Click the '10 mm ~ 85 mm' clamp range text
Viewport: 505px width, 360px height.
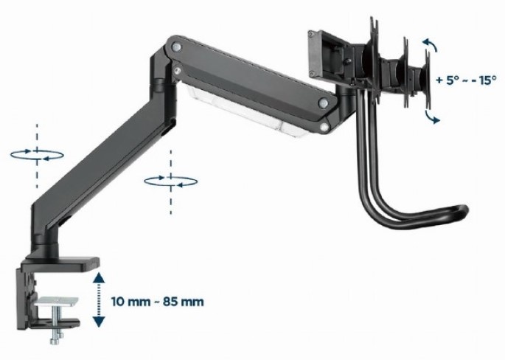(x=158, y=302)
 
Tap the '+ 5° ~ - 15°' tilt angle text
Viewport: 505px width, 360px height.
(x=466, y=80)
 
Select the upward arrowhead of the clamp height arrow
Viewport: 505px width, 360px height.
(x=99, y=278)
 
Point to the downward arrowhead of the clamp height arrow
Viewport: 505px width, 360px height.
(x=99, y=322)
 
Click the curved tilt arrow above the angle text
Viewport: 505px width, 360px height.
(x=431, y=44)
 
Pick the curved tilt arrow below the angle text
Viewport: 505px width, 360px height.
(x=431, y=117)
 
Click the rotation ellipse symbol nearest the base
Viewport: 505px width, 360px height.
(x=37, y=155)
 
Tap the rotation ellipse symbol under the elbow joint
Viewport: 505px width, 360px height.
(x=171, y=181)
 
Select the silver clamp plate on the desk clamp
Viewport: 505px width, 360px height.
(x=57, y=301)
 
